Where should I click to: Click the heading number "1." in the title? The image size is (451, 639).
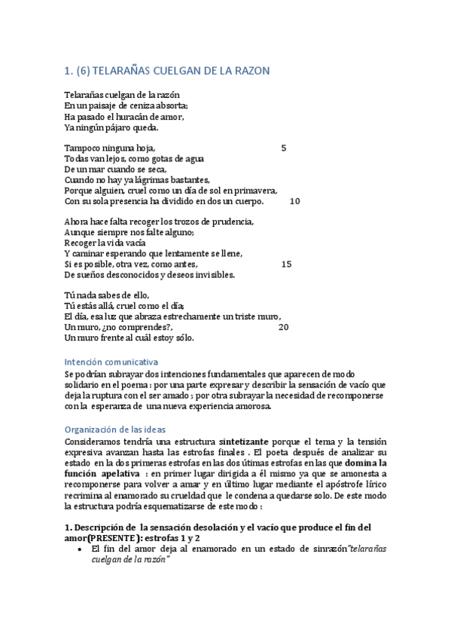click(x=69, y=71)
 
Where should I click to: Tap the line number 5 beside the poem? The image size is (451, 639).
click(x=283, y=148)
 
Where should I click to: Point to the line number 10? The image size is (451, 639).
click(x=294, y=201)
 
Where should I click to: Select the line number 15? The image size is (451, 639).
click(x=286, y=264)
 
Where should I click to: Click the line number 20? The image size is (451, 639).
click(x=283, y=327)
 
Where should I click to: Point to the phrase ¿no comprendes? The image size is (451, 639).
click(x=132, y=327)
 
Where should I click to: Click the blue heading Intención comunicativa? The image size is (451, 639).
click(x=111, y=362)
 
